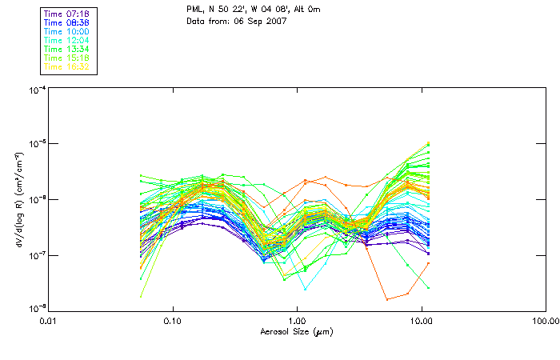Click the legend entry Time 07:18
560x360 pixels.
coord(66,14)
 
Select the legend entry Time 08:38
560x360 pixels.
coord(66,22)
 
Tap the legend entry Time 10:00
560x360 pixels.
coord(66,31)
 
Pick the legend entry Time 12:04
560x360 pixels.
coord(66,40)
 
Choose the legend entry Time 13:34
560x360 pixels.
coord(66,49)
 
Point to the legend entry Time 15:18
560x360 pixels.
coord(66,58)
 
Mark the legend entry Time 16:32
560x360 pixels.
coord(66,66)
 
